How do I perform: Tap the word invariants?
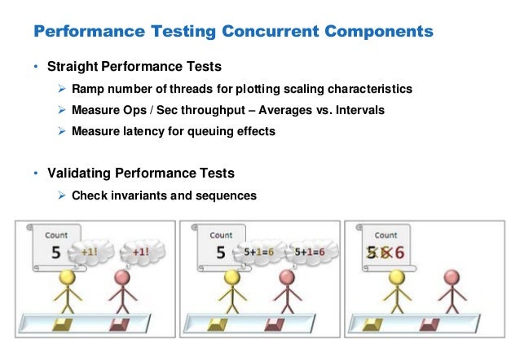click(140, 195)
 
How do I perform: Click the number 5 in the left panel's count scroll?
click(57, 252)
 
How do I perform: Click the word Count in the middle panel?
click(221, 235)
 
